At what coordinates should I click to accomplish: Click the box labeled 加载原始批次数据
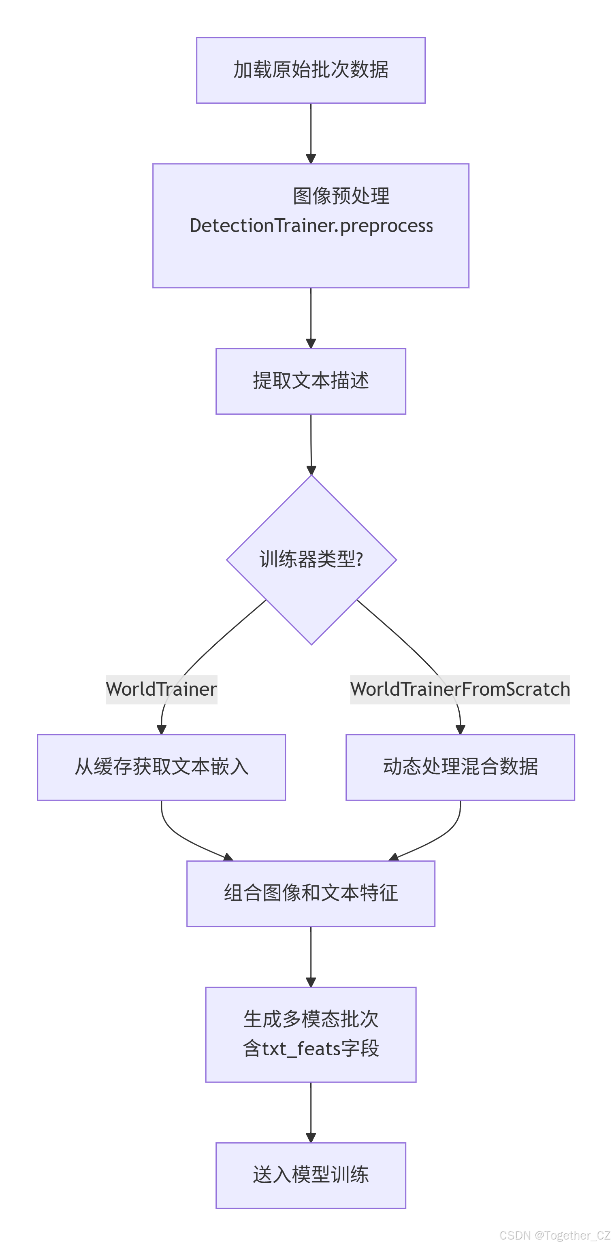click(x=311, y=70)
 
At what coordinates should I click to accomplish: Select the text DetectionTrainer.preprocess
click(x=311, y=226)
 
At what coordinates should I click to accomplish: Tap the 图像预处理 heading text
click(x=341, y=196)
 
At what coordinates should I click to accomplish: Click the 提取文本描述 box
click(x=311, y=381)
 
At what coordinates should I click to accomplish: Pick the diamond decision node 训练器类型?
click(x=311, y=560)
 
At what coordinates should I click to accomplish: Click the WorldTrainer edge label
click(x=161, y=689)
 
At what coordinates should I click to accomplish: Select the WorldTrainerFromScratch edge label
click(x=460, y=689)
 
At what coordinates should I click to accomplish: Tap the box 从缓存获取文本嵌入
click(x=161, y=767)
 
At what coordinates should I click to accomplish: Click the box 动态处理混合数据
click(x=460, y=767)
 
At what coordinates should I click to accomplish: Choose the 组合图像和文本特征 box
click(x=311, y=893)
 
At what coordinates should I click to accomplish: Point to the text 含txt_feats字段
click(x=311, y=1049)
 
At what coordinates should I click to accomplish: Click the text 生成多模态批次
click(x=311, y=1019)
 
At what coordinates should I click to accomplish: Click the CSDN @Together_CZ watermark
click(x=554, y=1235)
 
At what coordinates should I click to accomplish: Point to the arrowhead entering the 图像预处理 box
click(x=311, y=159)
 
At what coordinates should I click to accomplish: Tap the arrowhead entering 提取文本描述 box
click(x=311, y=343)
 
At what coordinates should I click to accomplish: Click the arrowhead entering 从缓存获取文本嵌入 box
click(x=162, y=729)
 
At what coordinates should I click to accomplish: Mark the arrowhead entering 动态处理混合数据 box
click(x=461, y=729)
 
